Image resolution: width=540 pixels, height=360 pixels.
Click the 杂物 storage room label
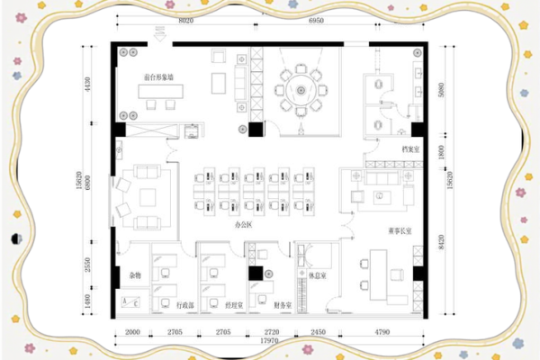135,274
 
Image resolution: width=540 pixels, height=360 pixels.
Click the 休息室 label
317,275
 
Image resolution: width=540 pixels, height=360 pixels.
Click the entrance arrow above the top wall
160,34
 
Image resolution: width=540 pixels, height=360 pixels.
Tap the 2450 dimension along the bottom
317,331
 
